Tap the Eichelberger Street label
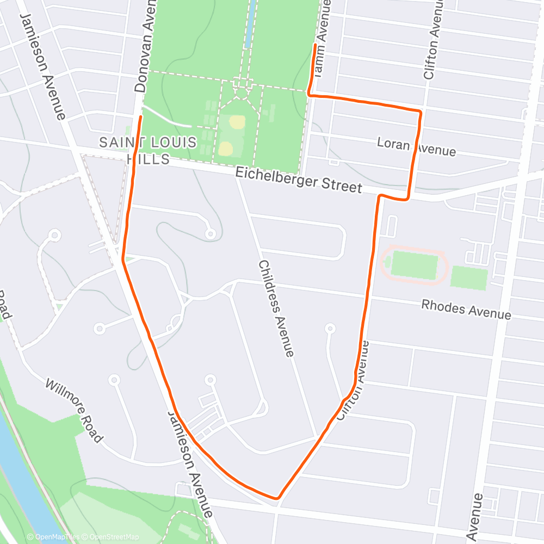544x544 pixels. (x=299, y=180)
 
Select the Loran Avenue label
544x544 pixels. (x=416, y=146)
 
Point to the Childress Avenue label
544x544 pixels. (x=276, y=308)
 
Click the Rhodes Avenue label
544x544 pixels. (x=466, y=310)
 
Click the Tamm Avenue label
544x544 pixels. (x=322, y=38)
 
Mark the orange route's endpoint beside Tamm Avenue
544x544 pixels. (x=315, y=45)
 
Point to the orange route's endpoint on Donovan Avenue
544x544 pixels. (x=141, y=117)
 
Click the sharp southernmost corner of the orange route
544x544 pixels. (x=278, y=497)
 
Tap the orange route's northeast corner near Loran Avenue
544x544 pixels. (x=420, y=112)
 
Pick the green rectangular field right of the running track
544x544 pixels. (x=468, y=277)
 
